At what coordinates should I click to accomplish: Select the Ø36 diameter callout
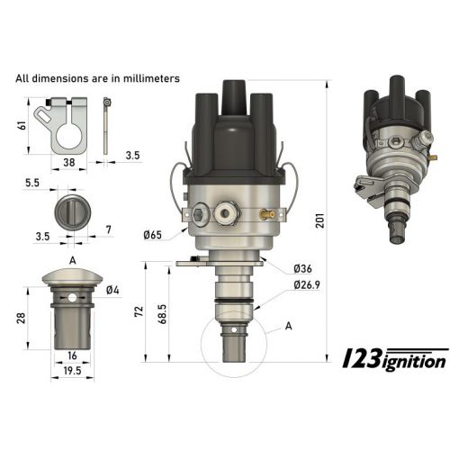302,269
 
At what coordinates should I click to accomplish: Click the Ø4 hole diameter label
112,290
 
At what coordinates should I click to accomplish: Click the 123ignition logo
397,360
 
